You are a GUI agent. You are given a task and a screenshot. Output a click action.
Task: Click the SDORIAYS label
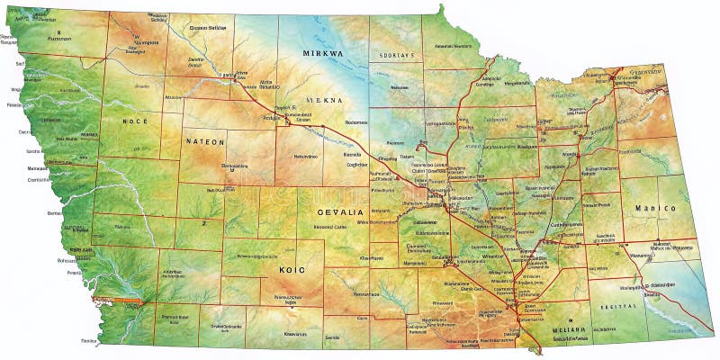(397, 55)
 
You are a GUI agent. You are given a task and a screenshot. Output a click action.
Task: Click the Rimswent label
(416, 302)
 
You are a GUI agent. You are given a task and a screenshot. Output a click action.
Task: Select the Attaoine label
(173, 96)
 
